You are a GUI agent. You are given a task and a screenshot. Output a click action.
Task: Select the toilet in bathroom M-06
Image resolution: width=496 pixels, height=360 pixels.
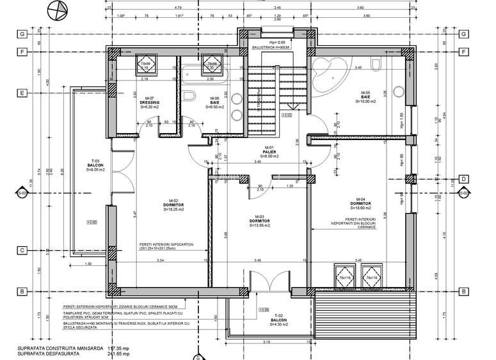189,97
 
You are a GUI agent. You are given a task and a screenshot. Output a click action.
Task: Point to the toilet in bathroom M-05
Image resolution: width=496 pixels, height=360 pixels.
376,64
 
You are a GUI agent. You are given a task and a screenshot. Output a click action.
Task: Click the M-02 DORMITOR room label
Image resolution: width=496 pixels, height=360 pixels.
173,205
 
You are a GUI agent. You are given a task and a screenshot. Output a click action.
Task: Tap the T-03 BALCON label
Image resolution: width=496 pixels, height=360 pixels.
96,166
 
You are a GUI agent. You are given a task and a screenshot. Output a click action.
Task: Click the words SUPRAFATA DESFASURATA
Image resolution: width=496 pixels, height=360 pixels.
44,354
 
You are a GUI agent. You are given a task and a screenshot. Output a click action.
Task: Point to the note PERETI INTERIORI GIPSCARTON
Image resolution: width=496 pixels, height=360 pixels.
170,245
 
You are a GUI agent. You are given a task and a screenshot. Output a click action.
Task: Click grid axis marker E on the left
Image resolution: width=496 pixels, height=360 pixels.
22,93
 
